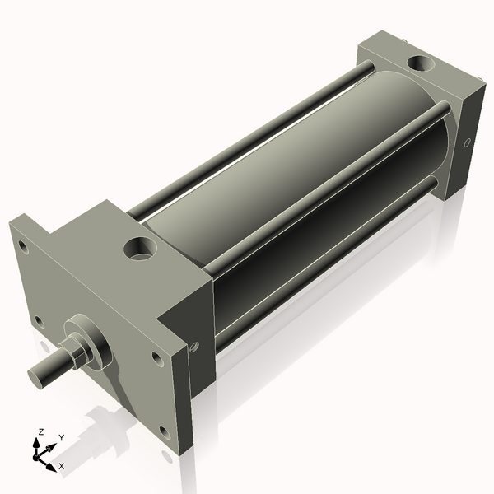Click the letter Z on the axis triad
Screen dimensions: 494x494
pos(41,432)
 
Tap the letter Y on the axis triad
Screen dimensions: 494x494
pos(61,438)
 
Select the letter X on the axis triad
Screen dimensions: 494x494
pos(61,466)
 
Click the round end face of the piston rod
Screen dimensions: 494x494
pos(37,377)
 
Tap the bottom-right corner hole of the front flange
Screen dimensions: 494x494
pos(164,430)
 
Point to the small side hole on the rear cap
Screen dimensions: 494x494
pos(468,143)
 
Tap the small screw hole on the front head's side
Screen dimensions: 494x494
pos(195,349)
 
